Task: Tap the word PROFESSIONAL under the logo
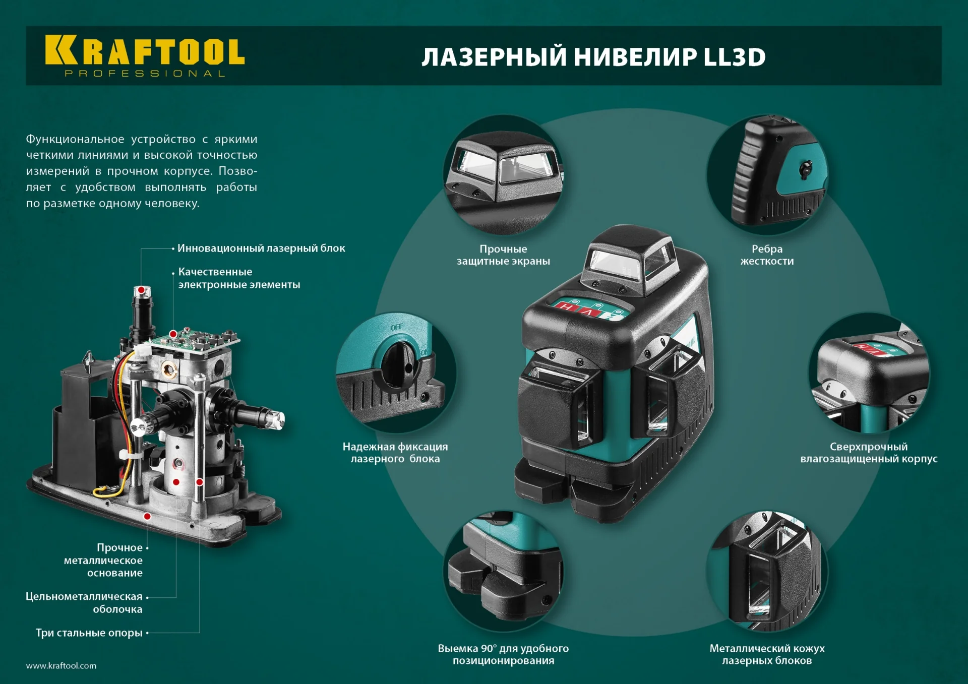(x=145, y=74)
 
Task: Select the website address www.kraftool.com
(x=61, y=666)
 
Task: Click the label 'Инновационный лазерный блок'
(x=261, y=248)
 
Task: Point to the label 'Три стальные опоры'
(x=89, y=633)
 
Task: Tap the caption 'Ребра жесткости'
(x=767, y=255)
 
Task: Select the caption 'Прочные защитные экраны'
(x=503, y=255)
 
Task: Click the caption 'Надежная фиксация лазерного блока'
(x=395, y=453)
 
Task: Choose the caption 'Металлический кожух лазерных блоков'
(x=767, y=654)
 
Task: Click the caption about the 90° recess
(x=503, y=654)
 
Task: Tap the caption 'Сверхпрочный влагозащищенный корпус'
(x=869, y=453)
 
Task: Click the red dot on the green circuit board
(x=173, y=334)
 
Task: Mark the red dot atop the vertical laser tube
(x=142, y=290)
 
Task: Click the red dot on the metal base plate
(x=147, y=516)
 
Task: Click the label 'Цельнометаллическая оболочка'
(x=84, y=603)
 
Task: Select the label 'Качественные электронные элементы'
(x=238, y=278)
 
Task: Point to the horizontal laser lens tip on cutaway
(x=278, y=420)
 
